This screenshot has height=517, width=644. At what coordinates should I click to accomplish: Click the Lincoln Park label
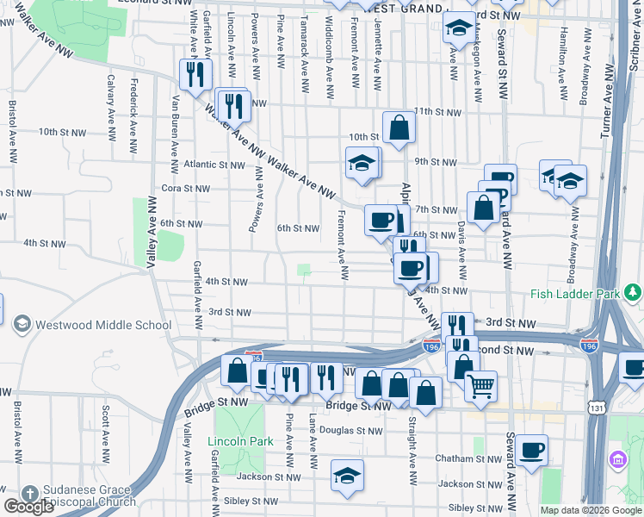tap(240, 442)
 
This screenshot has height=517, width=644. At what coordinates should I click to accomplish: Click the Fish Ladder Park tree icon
tap(634, 294)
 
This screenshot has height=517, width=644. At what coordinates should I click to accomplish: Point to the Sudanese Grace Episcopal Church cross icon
tap(29, 494)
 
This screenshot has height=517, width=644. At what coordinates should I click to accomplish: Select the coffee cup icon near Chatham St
tap(531, 449)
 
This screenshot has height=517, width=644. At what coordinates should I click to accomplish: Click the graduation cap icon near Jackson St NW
tap(347, 476)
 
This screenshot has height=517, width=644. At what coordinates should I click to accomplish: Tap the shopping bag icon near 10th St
tap(399, 128)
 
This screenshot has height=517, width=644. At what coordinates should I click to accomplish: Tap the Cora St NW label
tap(186, 188)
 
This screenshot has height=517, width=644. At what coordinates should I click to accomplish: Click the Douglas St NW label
tap(356, 430)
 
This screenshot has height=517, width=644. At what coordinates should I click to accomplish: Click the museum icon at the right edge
tap(617, 458)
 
